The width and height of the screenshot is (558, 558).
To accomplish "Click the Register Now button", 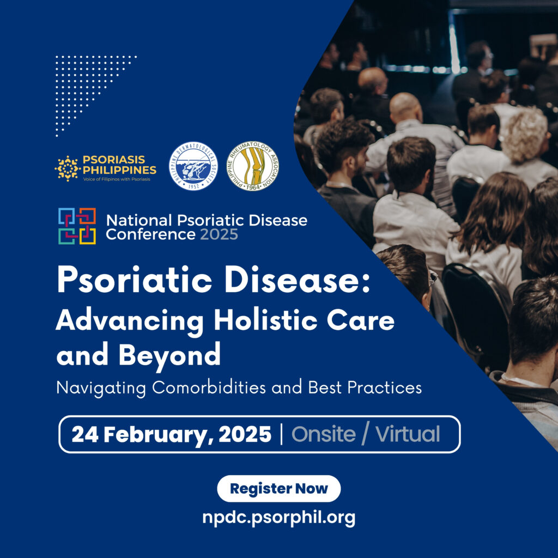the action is (278, 488).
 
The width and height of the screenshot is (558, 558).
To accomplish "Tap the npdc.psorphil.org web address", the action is (278, 518).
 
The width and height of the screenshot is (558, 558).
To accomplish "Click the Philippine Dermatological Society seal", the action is (193, 166).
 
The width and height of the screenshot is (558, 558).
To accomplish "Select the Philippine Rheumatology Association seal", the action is (253, 166).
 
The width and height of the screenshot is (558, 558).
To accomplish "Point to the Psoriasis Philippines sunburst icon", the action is (67, 168).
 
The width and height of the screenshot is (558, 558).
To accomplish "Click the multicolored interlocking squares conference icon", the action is (77, 226).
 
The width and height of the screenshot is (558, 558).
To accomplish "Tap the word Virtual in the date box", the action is (408, 434).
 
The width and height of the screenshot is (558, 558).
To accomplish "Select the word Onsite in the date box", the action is (324, 434).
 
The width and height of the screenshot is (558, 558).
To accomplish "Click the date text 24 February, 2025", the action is (172, 434).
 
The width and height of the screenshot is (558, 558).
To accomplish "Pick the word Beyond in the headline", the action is (169, 355).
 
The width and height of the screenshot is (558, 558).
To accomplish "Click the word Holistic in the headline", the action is (265, 320).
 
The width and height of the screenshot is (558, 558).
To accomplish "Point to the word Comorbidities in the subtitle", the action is (209, 387).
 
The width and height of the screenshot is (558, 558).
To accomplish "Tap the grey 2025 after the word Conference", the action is (219, 234).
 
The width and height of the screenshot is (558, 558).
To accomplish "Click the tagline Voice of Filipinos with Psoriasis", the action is (117, 179).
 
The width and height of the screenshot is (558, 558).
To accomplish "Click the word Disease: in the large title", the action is (297, 280).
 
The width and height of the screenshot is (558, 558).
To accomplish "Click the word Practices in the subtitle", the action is (384, 387).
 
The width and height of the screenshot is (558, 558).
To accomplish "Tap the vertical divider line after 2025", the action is (282, 434).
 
